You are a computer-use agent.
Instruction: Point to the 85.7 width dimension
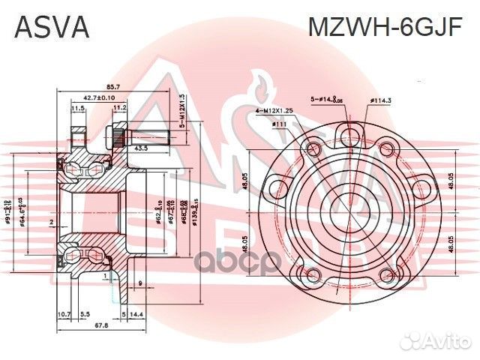click(x=93, y=88)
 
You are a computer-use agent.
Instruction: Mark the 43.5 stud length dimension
click(x=139, y=149)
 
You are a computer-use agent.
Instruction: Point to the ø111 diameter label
click(x=280, y=124)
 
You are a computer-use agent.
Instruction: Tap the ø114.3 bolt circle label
click(x=382, y=100)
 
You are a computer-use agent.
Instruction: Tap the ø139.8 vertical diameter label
click(x=193, y=212)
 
